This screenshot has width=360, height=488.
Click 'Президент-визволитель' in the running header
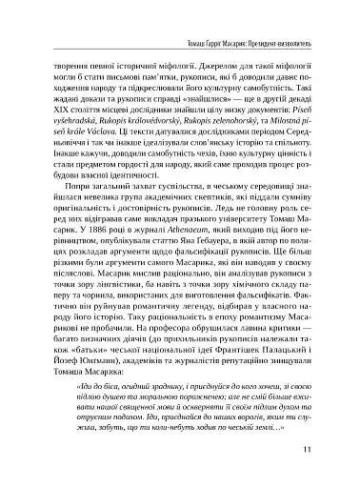pyautogui.click(x=289, y=19)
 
